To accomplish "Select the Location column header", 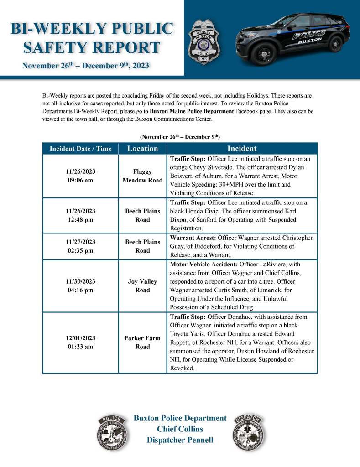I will coord(142,149).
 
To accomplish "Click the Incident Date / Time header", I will coord(80,149).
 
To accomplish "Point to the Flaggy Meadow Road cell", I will coord(142,176).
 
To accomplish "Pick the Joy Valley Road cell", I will coord(142,286).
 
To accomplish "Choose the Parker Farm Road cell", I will coord(142,342).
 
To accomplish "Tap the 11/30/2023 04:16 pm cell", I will coord(80,286).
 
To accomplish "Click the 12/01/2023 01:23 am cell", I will coord(80,342).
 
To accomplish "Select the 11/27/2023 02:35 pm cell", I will coord(80,246).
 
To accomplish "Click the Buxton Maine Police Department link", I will coord(192,112).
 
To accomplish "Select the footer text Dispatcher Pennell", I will coord(180,440).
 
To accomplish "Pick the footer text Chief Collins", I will coord(180,429).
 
